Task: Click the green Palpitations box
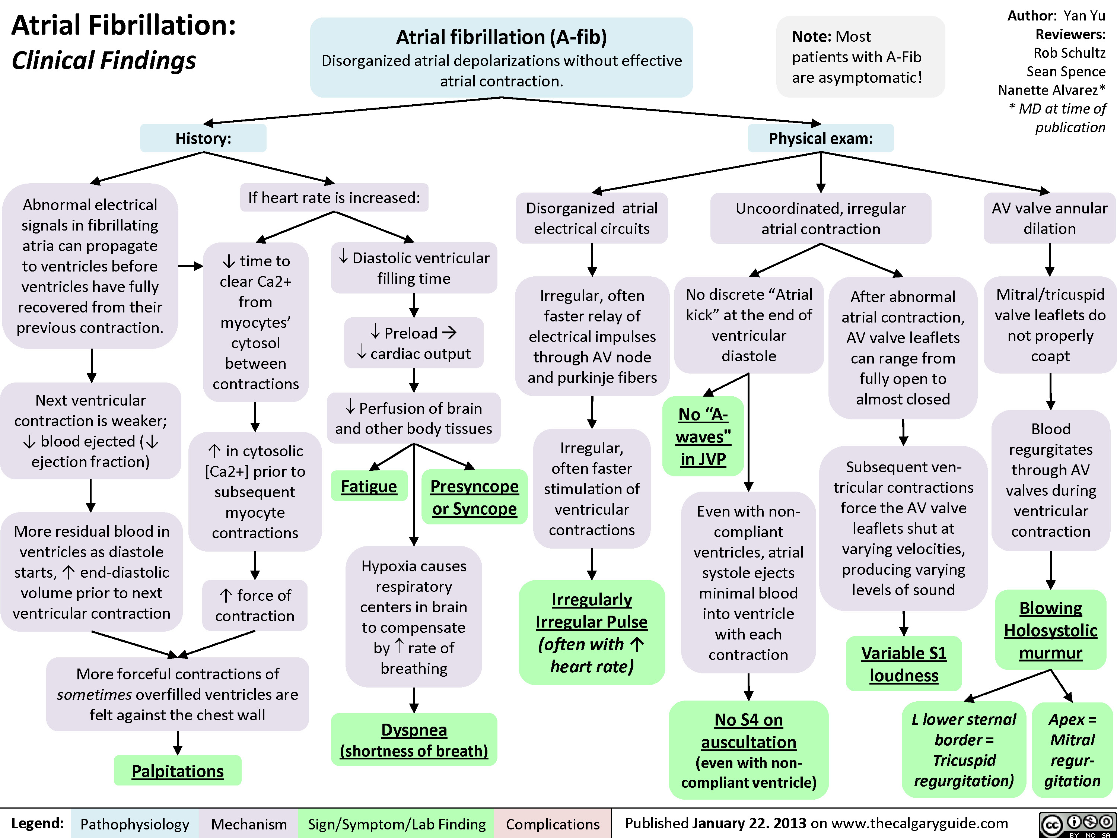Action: point(177,771)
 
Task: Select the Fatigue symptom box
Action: point(369,486)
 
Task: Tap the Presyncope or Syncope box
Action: point(474,497)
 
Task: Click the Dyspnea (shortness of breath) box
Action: point(414,740)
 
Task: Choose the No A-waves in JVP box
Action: point(703,437)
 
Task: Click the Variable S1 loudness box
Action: point(903,664)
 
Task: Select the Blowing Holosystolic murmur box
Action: point(1050,630)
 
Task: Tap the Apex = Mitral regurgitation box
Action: point(1072,750)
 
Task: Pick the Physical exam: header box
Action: point(821,139)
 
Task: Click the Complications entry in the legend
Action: point(553,824)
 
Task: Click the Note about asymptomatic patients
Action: point(860,57)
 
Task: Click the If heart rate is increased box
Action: point(334,197)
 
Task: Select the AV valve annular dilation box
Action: point(1049,218)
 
